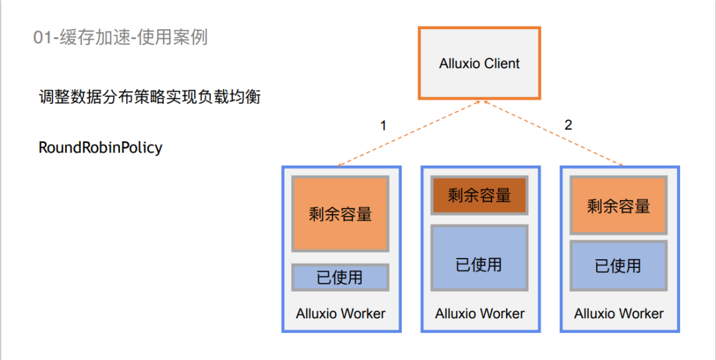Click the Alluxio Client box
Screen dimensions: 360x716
[479, 64]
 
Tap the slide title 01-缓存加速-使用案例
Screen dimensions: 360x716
[120, 37]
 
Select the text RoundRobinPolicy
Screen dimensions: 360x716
[100, 147]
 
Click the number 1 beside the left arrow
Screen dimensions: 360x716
[383, 125]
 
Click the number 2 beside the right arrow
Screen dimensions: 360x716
[567, 125]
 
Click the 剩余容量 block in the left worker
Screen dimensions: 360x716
[340, 213]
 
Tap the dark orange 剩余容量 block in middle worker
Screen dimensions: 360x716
[479, 196]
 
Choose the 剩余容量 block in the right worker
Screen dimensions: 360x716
[619, 206]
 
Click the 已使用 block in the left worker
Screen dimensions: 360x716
[340, 277]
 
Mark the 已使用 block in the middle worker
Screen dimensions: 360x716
[479, 265]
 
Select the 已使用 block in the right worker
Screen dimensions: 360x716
[619, 266]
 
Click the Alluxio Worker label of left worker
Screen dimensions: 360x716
[340, 314]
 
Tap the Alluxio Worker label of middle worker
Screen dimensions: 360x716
[479, 314]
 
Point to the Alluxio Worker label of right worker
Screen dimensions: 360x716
[619, 314]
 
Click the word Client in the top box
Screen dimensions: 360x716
[501, 64]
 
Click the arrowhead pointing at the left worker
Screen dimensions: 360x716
[339, 165]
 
